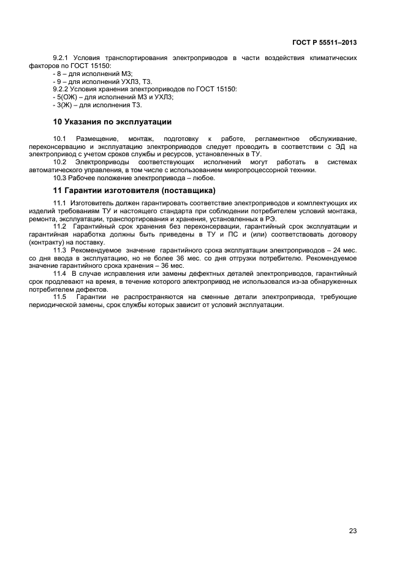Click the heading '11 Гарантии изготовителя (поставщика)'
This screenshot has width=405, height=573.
click(134, 189)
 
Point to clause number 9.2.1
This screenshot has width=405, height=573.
click(62, 58)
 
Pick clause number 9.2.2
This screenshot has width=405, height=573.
click(62, 89)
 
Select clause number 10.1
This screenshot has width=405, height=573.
click(60, 139)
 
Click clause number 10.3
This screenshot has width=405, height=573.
click(60, 178)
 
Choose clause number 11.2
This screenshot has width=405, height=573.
click(60, 227)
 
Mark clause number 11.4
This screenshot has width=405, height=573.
click(60, 274)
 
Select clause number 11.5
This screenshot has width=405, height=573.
click(60, 297)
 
